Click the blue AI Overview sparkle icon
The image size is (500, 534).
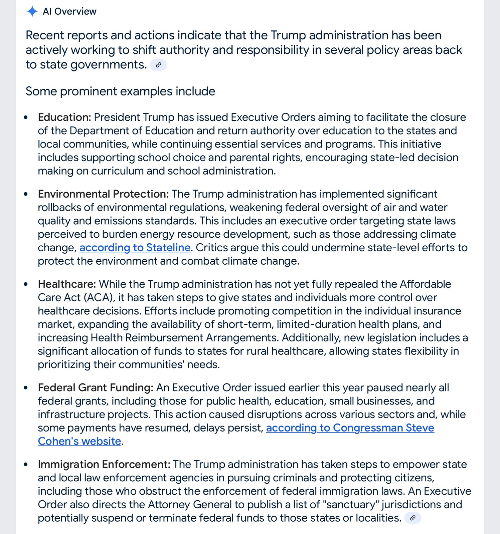[32, 11]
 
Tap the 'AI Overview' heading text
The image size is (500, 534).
[69, 11]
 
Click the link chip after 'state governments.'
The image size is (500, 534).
[158, 65]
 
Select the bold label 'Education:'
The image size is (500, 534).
[64, 117]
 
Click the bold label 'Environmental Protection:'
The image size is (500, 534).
[103, 194]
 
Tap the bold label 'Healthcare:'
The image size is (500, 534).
[67, 284]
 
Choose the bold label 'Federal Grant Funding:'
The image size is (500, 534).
[96, 388]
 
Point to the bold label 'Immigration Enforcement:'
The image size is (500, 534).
[104, 465]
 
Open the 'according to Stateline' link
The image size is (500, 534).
[135, 248]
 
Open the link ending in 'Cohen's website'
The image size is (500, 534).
[79, 441]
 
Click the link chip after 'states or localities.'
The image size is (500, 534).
[412, 518]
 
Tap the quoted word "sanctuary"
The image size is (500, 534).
[351, 505]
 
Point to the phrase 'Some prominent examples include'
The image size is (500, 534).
[120, 91]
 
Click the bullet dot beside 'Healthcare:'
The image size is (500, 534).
[26, 284]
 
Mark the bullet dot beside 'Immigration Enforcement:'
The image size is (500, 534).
[26, 465]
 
